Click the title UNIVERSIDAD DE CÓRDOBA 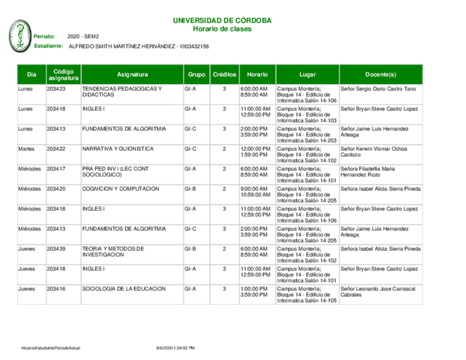coord(222,20)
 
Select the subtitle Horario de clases coord(222,29)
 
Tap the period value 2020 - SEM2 coord(82,36)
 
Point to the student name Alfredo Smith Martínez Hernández coord(121,47)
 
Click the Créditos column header coord(224,74)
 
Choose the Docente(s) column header coord(380,74)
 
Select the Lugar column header coord(307,74)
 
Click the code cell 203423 coord(56,89)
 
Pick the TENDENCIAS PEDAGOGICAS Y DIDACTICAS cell coord(122,92)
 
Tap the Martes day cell coord(26,149)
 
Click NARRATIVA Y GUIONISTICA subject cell coord(118,149)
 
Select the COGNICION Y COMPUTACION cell coord(121,189)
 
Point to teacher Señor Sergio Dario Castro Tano coord(379,89)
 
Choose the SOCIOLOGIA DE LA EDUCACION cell coord(124,289)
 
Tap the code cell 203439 coord(56,249)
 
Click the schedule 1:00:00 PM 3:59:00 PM coord(254,291)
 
